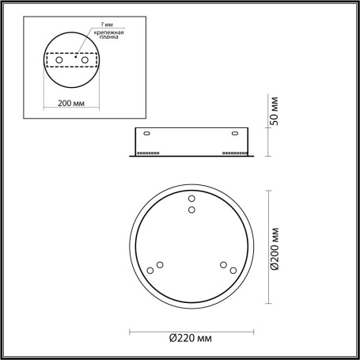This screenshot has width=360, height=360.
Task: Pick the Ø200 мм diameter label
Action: [x=275, y=251]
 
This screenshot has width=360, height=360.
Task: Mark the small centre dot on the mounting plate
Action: [x=74, y=57]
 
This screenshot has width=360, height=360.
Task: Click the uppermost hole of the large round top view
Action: [x=191, y=198]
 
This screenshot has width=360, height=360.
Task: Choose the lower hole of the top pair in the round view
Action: [x=191, y=210]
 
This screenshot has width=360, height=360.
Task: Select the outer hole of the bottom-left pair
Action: [x=149, y=271]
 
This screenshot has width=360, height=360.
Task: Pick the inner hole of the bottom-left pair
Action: [x=160, y=264]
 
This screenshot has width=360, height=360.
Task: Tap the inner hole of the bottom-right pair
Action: [x=223, y=264]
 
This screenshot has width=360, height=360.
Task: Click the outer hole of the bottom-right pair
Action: [x=233, y=271]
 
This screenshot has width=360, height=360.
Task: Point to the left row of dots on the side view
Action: [x=149, y=153]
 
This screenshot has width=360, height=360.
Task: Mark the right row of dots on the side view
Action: [x=234, y=153]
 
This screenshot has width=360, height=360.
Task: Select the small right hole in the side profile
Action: [x=239, y=133]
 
